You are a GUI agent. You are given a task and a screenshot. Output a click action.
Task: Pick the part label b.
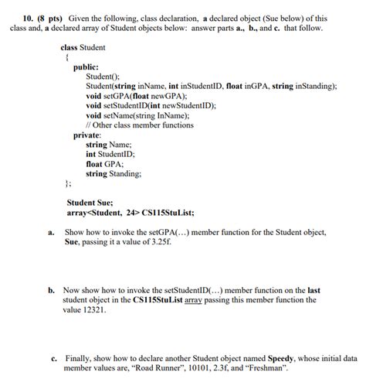point(50,290)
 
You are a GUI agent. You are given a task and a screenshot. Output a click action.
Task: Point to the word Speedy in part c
point(283,359)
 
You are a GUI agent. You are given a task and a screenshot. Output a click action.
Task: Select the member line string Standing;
point(114,174)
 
